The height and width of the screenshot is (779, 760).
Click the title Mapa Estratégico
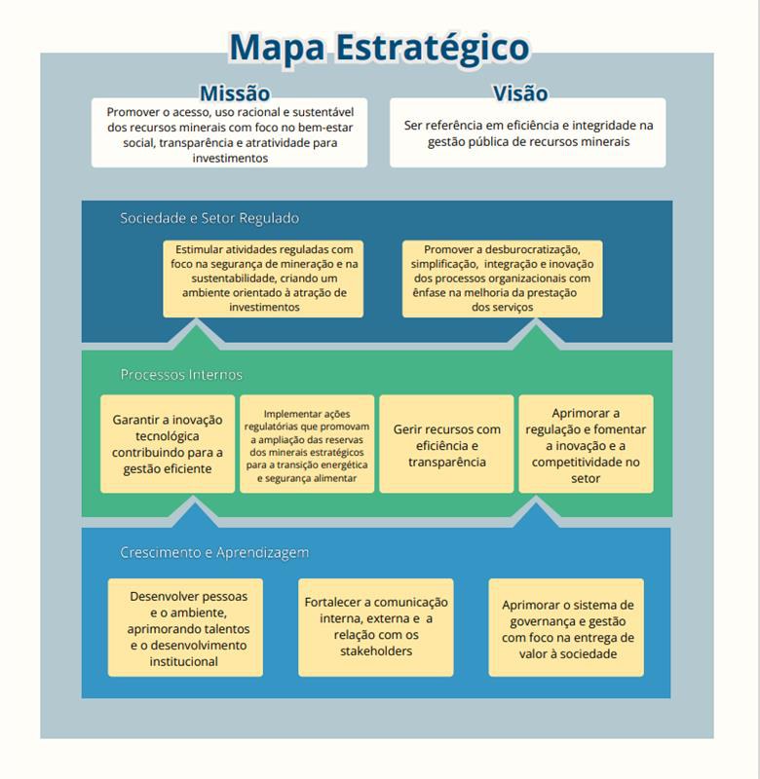[x=379, y=47]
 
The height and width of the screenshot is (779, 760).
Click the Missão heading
[x=234, y=93]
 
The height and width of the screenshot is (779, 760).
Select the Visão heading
[x=520, y=93]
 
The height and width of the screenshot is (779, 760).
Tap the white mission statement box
[x=230, y=133]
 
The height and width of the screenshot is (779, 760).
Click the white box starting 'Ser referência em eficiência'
[x=528, y=133]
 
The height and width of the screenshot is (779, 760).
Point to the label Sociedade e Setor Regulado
[x=209, y=218]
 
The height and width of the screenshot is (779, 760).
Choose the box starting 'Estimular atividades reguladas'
[x=264, y=278]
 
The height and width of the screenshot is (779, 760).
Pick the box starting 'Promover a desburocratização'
[x=502, y=278]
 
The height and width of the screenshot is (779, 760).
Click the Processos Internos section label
[x=181, y=374]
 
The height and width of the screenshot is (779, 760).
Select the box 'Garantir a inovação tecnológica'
[x=168, y=444]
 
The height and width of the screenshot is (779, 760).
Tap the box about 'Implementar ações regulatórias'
[x=307, y=445]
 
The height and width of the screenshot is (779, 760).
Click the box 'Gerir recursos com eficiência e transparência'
[x=446, y=444]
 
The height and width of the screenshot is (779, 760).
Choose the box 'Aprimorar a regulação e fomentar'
[x=586, y=444]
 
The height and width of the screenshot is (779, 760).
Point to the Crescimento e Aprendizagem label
[x=214, y=552]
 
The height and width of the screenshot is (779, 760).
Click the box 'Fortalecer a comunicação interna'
[x=376, y=627]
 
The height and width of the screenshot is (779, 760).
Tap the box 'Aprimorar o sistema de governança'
[x=567, y=628]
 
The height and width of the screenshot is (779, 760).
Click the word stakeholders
[x=375, y=651]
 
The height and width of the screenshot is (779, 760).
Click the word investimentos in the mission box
[x=230, y=158]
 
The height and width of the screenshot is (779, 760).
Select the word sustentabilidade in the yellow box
[x=224, y=278]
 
